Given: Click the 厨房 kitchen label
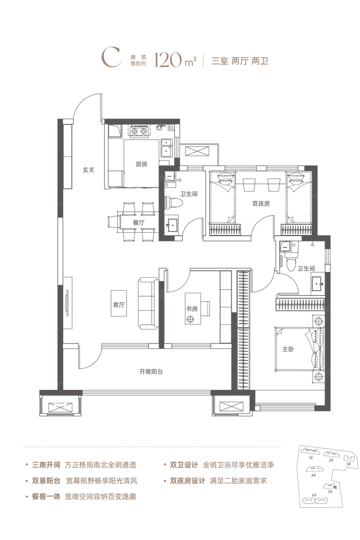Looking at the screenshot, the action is pos(141,164).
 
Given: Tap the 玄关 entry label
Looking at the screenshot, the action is pos(88,170).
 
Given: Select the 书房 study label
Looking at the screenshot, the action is pos(192,309).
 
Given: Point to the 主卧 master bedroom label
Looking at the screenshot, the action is pos(288,349).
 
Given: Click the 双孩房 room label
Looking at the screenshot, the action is pos(261,204).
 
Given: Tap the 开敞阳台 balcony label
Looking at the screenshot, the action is pos(151,372).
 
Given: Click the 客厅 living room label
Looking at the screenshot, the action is pos(119,305).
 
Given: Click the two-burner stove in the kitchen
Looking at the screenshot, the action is pos(139,131).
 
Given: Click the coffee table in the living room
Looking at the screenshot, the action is pos(118,303).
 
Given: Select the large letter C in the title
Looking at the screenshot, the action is pos(111,58).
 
